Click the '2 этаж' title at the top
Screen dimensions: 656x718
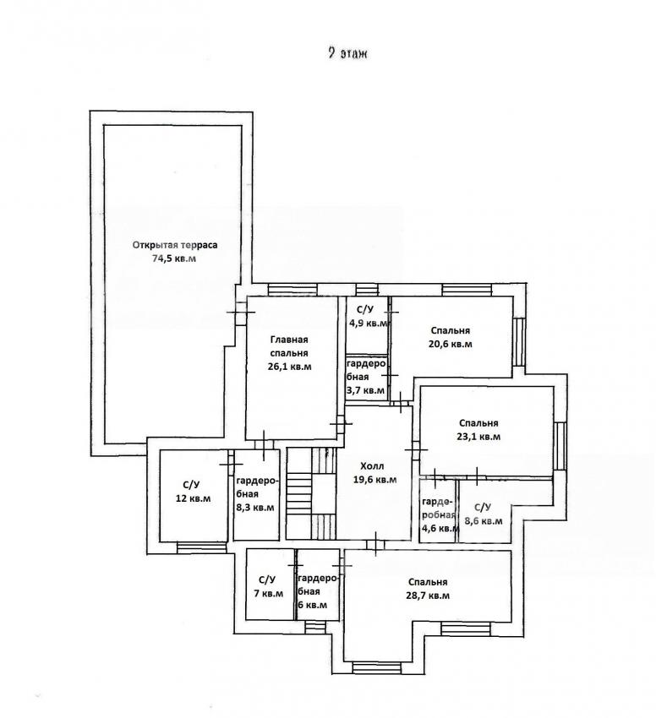(348, 53)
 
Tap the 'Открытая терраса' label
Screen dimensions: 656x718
(175, 245)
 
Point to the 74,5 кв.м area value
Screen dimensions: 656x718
(174, 258)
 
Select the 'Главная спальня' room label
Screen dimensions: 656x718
(289, 346)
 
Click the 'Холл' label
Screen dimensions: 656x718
(372, 466)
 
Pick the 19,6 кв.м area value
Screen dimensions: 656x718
(375, 480)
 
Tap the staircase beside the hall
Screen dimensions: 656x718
(312, 493)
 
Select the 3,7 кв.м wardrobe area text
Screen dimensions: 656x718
(365, 390)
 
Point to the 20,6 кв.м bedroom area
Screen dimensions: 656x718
(451, 344)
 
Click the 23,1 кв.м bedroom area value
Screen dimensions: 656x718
(478, 437)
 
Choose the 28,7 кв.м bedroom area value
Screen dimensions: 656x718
(427, 596)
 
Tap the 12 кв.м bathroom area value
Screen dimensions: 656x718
(193, 498)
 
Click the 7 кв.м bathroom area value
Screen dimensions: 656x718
(269, 594)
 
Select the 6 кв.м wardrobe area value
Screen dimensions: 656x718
(313, 605)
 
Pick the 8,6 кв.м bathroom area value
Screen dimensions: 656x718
(484, 521)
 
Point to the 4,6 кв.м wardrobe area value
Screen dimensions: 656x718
(440, 528)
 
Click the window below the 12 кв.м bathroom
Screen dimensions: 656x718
(202, 547)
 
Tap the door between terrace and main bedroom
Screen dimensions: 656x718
(241, 313)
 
